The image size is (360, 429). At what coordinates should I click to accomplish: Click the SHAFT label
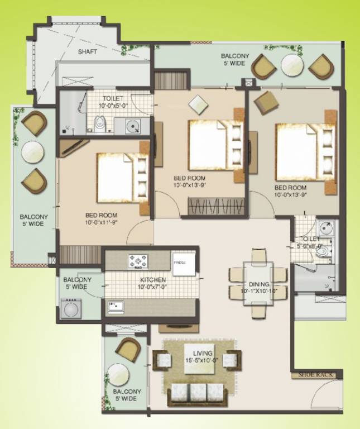pos(87,51)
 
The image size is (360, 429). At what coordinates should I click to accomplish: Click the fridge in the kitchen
pos(183,264)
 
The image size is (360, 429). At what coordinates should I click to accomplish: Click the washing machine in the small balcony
pos(71,308)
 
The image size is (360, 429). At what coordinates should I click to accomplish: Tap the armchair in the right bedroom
pos(266,102)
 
